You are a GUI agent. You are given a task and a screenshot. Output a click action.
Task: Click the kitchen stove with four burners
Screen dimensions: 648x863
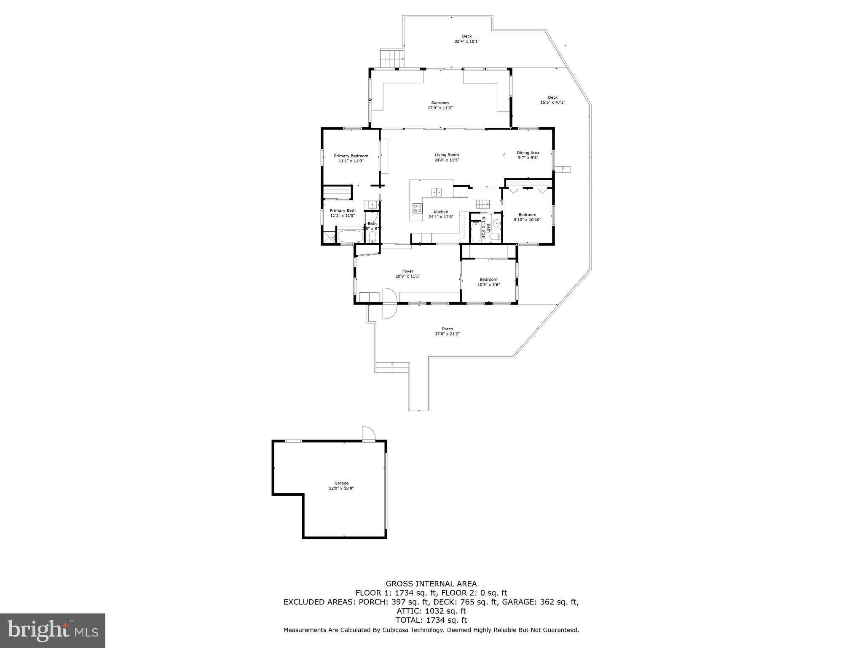[x=418, y=208]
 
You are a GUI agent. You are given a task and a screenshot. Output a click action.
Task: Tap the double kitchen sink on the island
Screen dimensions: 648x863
[x=436, y=192]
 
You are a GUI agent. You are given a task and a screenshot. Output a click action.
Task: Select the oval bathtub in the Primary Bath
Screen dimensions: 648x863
[x=350, y=236]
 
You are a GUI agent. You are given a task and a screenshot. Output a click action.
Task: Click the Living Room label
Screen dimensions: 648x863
[x=447, y=155]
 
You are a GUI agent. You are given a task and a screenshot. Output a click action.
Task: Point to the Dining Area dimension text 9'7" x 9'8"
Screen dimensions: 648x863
[x=528, y=158]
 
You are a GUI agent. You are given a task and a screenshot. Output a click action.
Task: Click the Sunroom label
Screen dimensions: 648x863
[x=440, y=103]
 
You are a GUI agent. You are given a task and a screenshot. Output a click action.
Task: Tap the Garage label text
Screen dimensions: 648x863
[x=341, y=483]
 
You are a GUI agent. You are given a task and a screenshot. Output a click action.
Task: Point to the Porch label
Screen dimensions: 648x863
[x=447, y=329]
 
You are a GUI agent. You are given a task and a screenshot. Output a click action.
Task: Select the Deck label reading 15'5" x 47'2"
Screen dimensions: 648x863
[x=552, y=102]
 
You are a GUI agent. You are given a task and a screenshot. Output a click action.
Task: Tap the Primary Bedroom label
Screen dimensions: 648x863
[x=351, y=156]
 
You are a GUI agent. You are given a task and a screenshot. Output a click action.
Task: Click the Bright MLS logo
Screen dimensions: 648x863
[x=53, y=630]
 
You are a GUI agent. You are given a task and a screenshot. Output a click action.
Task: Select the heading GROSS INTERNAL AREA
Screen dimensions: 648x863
[x=431, y=584]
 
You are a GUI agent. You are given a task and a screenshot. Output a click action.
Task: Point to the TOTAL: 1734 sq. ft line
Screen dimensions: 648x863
[x=431, y=620]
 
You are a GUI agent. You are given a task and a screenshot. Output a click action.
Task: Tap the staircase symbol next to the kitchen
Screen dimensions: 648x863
[x=483, y=205]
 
